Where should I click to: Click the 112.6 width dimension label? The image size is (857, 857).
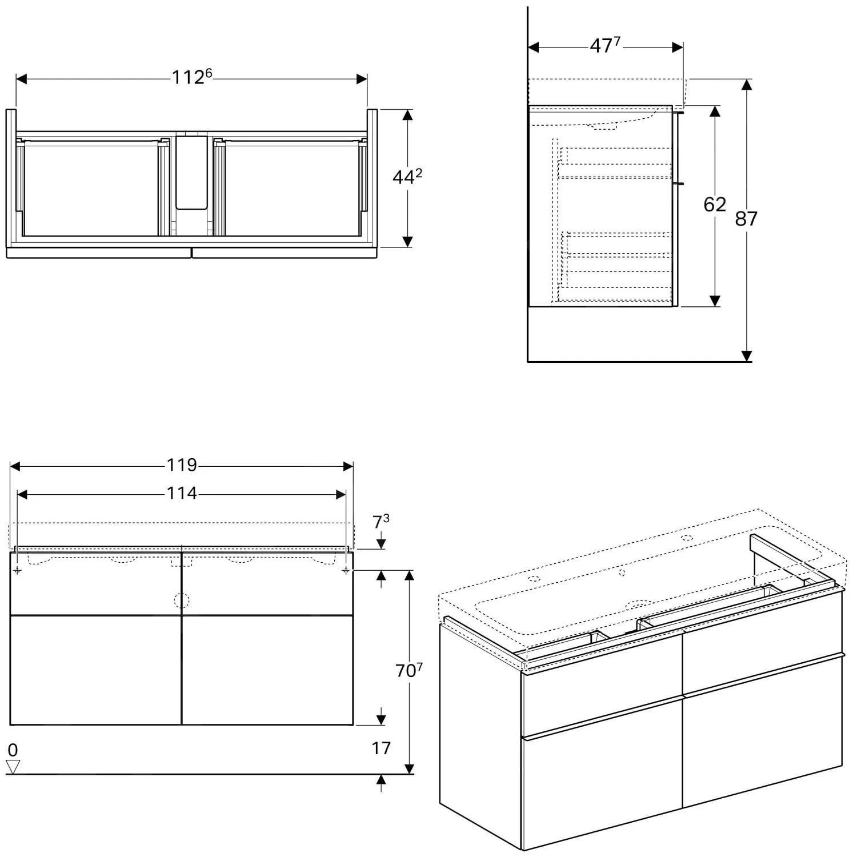pyautogui.click(x=191, y=77)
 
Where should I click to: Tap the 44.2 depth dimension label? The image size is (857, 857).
pyautogui.click(x=407, y=178)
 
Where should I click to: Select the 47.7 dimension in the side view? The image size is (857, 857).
pyautogui.click(x=604, y=46)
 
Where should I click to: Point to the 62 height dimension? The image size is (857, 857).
pyautogui.click(x=714, y=205)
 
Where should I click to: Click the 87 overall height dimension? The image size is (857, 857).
pyautogui.click(x=746, y=218)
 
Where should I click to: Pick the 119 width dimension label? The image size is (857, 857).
pyautogui.click(x=182, y=466)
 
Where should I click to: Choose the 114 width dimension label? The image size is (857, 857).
pyautogui.click(x=182, y=493)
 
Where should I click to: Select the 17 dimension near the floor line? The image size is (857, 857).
pyautogui.click(x=381, y=748)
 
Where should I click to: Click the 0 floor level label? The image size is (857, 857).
pyautogui.click(x=13, y=750)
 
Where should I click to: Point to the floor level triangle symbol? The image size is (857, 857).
pyautogui.click(x=13, y=767)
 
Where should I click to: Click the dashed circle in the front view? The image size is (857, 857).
pyautogui.click(x=181, y=600)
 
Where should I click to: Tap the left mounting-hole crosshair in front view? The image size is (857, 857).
pyautogui.click(x=18, y=570)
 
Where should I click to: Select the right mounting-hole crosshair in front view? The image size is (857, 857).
pyautogui.click(x=346, y=570)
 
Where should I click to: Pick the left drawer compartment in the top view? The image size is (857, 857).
pyautogui.click(x=90, y=189)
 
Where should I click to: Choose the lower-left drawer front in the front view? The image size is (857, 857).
pyautogui.click(x=95, y=670)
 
